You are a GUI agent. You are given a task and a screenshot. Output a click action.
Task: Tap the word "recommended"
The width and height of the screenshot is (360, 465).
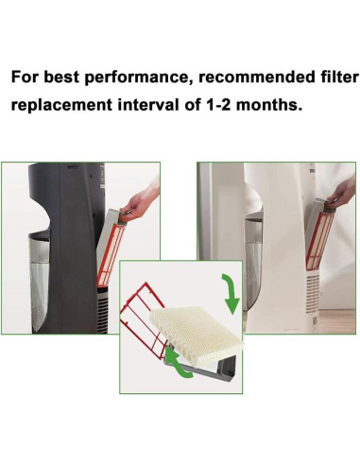[256, 77]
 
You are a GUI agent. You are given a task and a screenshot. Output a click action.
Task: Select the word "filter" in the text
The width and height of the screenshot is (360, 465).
[339, 77]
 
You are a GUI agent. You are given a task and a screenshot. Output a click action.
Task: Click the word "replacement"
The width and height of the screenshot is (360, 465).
[61, 105]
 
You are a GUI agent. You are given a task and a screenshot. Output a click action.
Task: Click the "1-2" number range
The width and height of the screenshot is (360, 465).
[218, 105]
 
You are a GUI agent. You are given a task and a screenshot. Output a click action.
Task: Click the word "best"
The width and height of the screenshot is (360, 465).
[61, 77]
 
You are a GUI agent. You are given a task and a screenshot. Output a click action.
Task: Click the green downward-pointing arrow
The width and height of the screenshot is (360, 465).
[231, 294]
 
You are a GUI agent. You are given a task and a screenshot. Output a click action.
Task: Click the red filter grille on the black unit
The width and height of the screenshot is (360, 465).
[111, 254]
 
